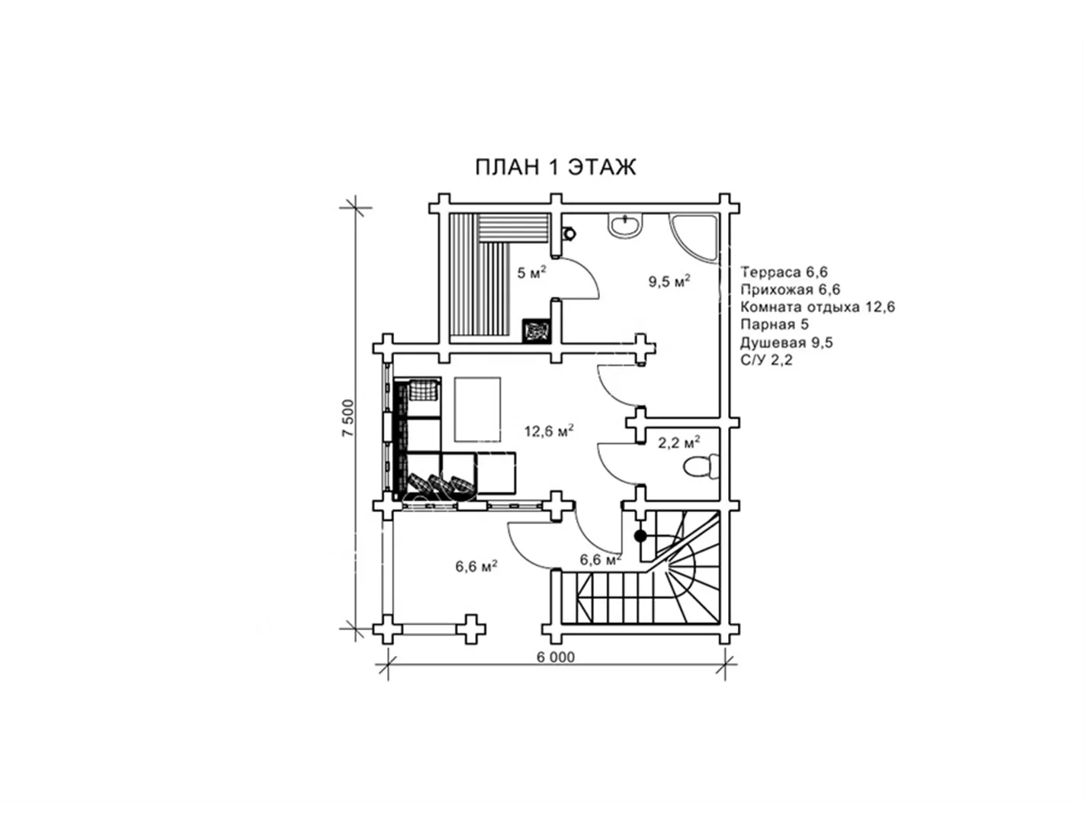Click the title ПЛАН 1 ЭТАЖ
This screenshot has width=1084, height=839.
(555, 167)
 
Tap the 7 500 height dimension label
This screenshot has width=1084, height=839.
(348, 418)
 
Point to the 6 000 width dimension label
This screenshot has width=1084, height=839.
(555, 657)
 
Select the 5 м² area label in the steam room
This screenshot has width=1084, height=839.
(532, 272)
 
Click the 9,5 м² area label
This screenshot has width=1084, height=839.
(669, 281)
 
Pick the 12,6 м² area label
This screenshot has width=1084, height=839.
(548, 430)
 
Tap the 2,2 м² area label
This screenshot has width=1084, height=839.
(679, 442)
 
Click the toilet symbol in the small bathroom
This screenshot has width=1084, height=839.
(701, 467)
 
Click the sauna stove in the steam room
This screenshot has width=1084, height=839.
(536, 331)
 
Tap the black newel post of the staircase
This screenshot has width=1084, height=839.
(640, 536)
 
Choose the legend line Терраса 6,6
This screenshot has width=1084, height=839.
(784, 272)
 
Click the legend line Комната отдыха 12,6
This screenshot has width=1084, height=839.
(818, 307)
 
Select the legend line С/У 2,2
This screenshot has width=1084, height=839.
(766, 359)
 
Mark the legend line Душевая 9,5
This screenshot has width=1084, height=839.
(786, 342)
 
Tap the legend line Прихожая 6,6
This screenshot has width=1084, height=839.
(791, 290)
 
